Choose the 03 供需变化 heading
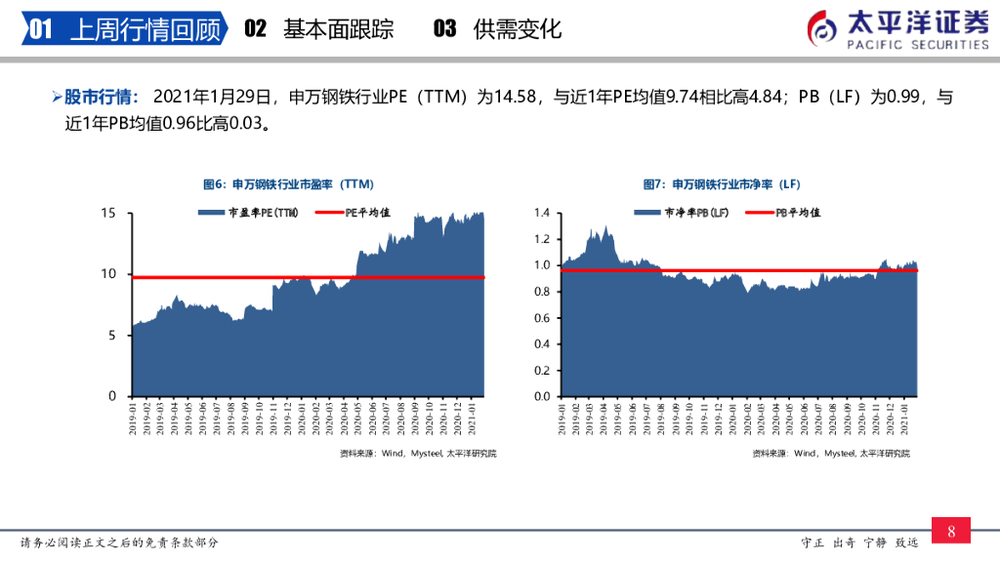[x=497, y=29]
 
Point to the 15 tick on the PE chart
[x=109, y=213]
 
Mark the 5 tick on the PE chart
[x=113, y=335]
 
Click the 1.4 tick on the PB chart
[x=542, y=213]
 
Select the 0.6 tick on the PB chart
[x=542, y=318]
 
